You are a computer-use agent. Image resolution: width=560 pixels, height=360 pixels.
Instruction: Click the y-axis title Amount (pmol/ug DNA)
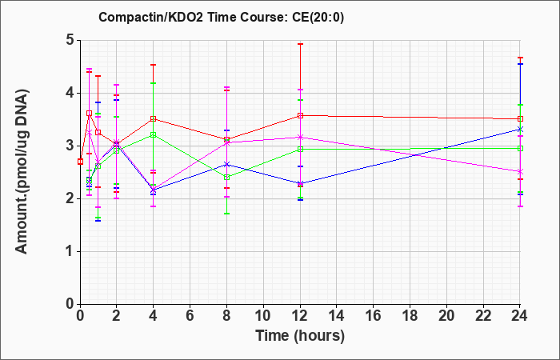point(22,171)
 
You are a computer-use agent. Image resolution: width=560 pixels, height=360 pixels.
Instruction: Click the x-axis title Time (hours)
point(300,336)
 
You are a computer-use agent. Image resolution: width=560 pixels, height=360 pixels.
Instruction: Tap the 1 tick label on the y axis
point(70,251)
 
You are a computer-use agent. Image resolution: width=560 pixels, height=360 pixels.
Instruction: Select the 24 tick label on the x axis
point(520,316)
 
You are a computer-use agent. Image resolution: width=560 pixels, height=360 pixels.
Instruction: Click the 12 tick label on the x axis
point(300,316)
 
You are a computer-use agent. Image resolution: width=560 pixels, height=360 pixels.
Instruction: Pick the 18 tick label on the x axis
point(410,316)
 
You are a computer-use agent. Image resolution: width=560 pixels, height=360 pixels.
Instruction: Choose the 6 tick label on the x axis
point(190,316)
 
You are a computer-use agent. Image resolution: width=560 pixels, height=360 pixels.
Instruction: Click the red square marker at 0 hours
point(80,162)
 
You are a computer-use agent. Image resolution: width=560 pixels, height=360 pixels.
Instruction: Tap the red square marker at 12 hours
point(300,115)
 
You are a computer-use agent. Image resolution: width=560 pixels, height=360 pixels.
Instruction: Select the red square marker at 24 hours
point(520,118)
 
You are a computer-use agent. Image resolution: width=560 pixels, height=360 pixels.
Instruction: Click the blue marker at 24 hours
point(520,129)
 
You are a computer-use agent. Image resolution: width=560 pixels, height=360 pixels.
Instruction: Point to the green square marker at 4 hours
point(154,134)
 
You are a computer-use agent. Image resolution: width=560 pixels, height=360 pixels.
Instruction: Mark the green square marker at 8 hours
point(226,177)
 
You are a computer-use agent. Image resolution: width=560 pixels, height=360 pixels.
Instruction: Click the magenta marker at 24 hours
point(520,171)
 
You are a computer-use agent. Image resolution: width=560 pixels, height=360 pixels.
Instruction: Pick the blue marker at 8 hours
point(226,164)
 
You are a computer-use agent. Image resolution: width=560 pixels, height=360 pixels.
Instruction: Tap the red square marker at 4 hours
point(154,118)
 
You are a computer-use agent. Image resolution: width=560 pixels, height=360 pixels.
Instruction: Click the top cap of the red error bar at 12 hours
point(300,44)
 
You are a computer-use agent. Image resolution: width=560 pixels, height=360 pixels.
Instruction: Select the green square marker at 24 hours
point(520,148)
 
